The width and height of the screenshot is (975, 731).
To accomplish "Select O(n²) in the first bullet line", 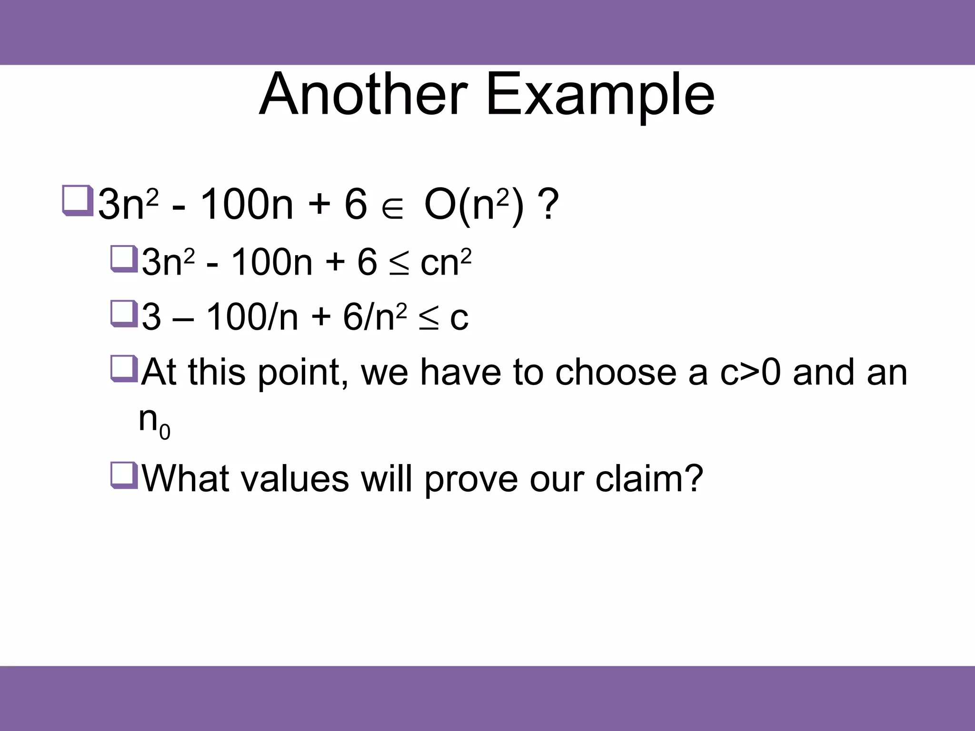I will [474, 206].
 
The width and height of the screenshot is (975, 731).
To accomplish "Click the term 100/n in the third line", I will [253, 317].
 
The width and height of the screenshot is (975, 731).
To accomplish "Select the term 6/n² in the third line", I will [375, 317].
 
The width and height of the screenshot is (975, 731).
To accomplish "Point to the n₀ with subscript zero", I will [154, 422].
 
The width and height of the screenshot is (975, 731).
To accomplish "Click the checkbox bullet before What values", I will [124, 475].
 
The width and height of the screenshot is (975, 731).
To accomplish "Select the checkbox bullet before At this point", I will [124, 368].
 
